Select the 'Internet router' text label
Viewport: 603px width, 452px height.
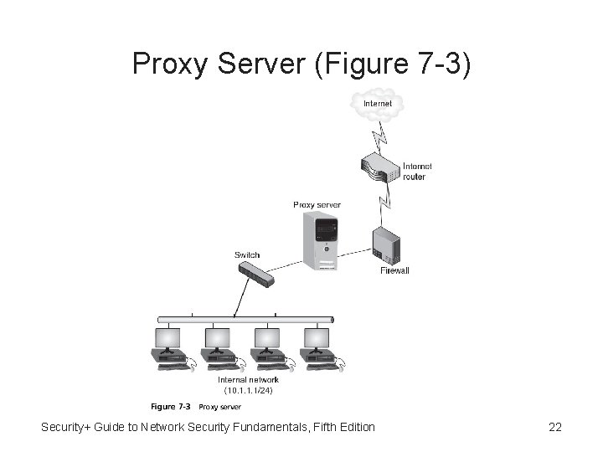pos(417,172)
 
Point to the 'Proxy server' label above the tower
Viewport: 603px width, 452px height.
pos(317,204)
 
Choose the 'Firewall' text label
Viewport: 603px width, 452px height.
pos(394,271)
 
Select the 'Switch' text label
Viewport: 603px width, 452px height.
pos(247,255)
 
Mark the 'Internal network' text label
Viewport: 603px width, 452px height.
pos(248,379)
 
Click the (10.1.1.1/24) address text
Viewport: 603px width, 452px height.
pos(248,390)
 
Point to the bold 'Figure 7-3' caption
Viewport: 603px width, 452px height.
pos(170,408)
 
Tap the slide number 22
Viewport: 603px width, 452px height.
pos(554,428)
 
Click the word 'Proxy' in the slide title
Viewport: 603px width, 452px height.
pos(167,64)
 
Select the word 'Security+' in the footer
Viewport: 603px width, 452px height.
pos(69,428)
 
